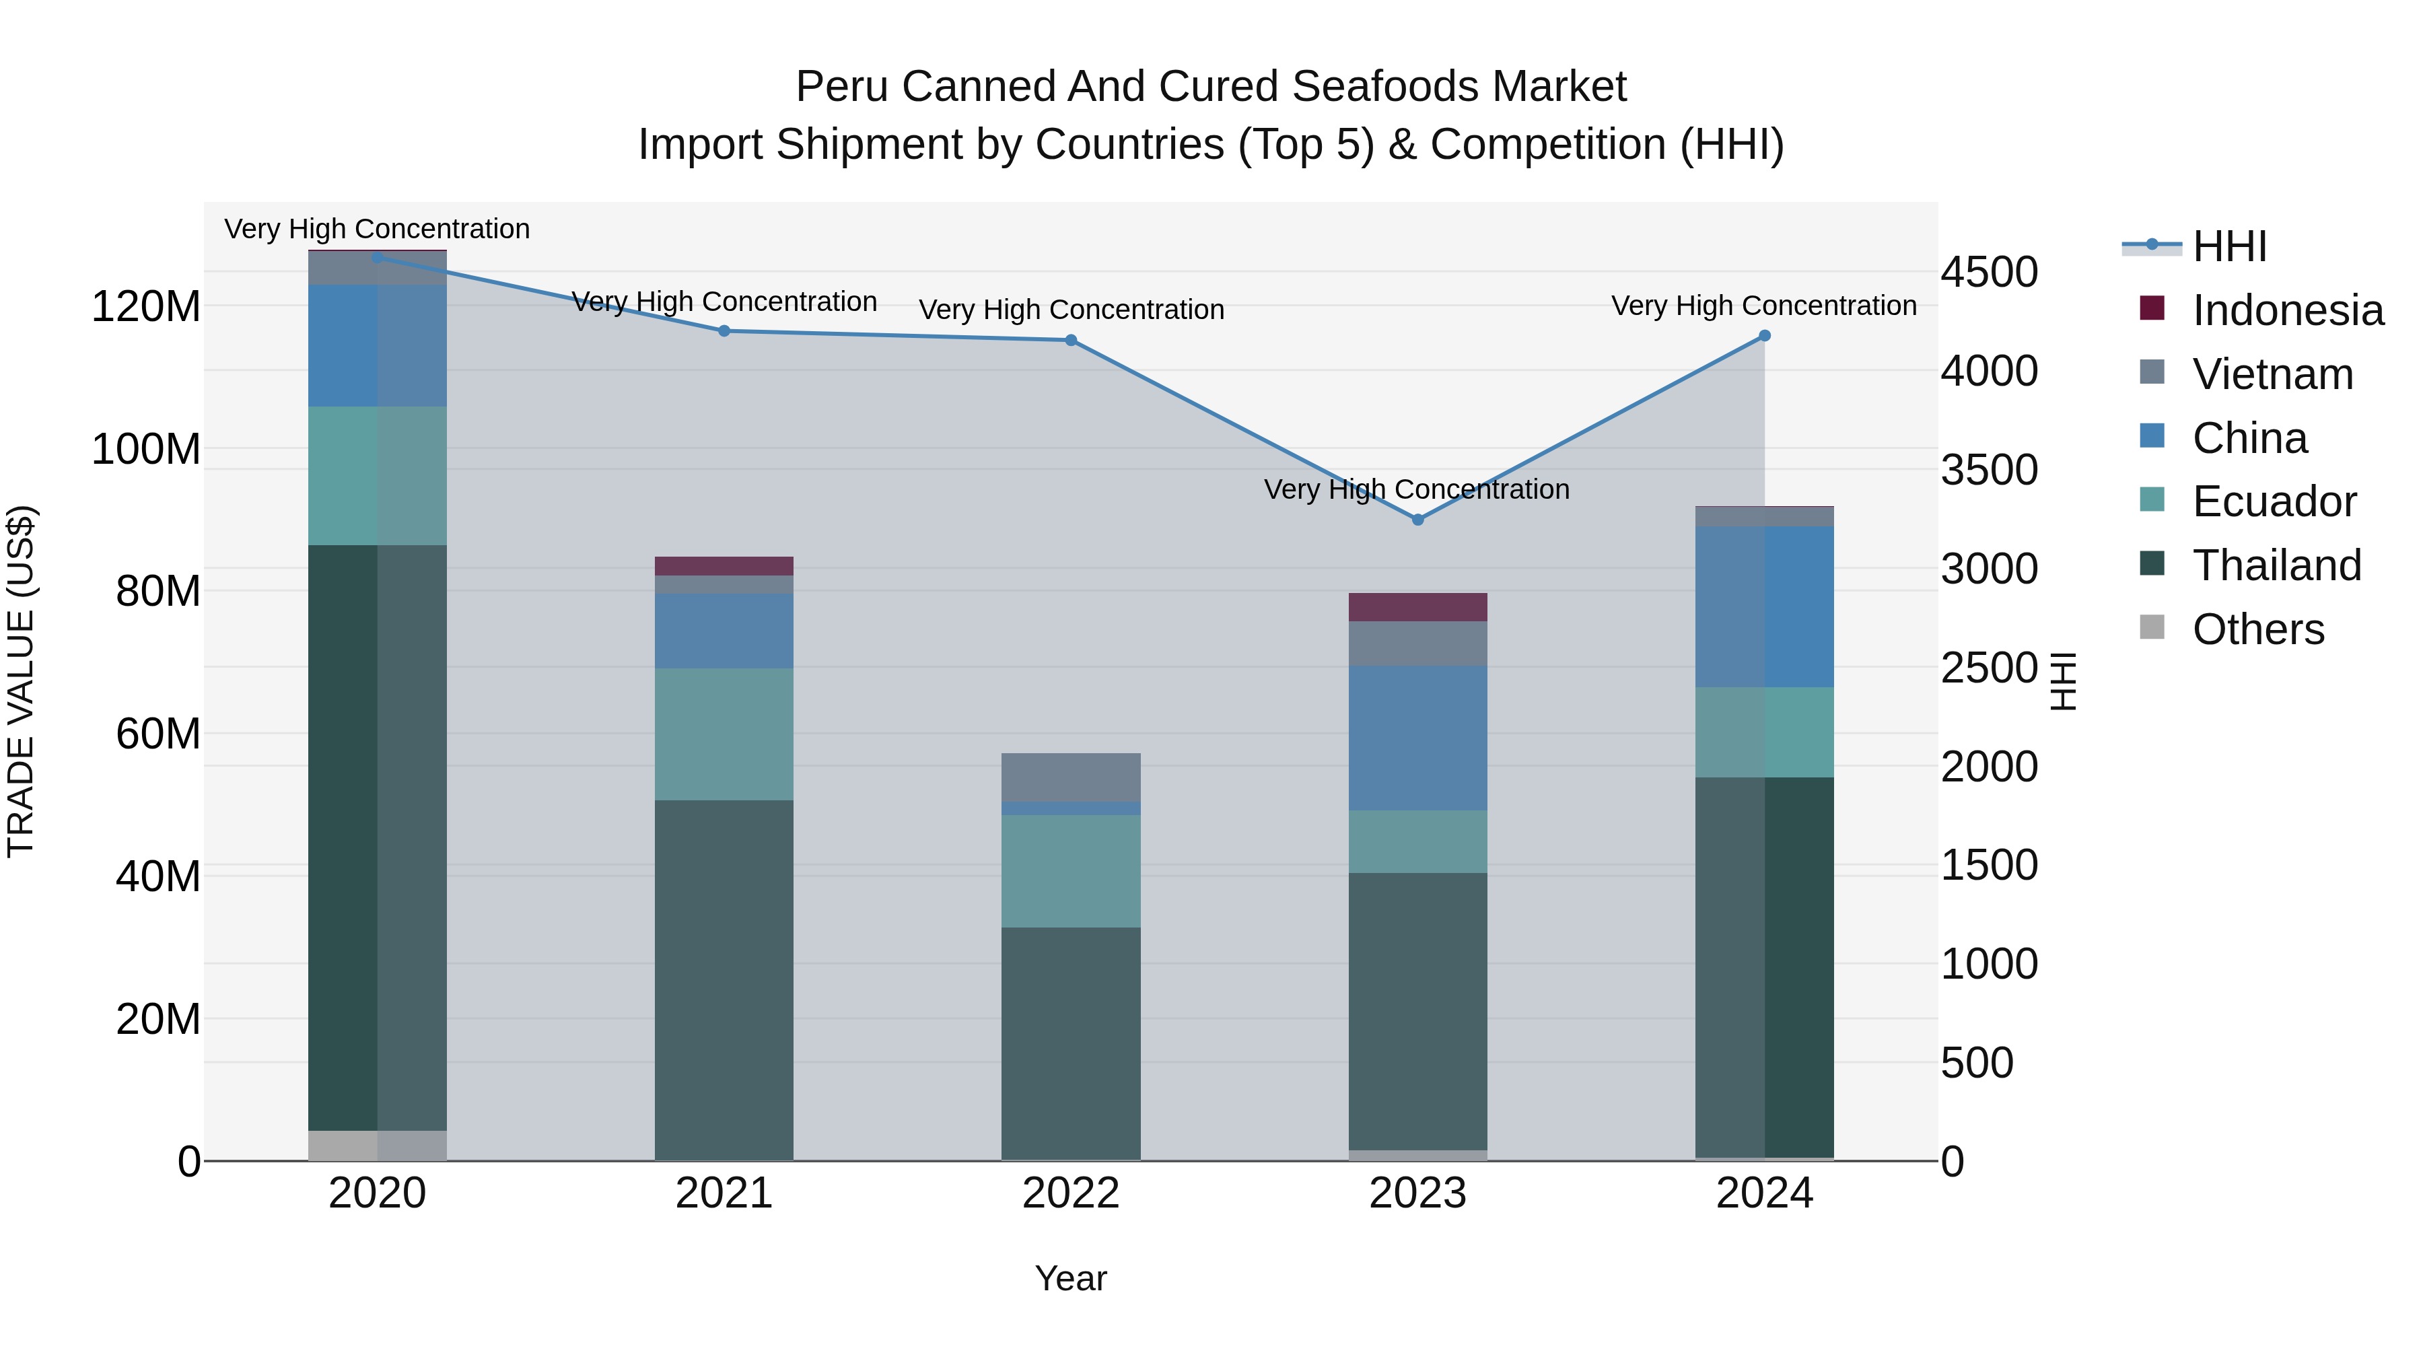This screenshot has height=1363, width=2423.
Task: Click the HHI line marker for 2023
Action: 1417,519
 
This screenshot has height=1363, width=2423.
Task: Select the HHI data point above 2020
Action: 377,257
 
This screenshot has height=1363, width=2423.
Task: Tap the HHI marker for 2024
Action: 1765,336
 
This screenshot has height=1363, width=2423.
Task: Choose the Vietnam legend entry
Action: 2272,374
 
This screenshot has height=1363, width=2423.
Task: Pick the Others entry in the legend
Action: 2257,629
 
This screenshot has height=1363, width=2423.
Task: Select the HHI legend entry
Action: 2229,246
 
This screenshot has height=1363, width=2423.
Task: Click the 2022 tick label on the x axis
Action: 1070,1193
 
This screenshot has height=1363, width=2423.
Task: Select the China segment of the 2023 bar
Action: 1417,738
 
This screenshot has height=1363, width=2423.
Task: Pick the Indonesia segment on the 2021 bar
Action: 724,565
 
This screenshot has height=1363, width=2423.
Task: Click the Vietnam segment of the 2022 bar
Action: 1070,777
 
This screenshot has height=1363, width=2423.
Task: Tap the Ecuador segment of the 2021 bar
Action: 724,734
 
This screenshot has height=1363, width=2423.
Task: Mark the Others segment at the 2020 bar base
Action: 377,1145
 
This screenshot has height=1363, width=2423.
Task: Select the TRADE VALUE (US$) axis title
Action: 21,681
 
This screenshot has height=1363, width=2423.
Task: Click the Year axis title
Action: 1070,1278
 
